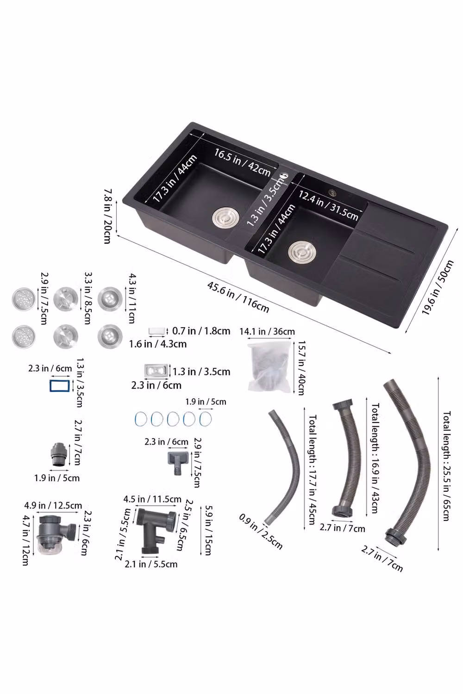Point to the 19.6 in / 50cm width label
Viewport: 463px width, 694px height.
tap(437, 287)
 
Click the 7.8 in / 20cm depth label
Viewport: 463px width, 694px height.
tap(107, 216)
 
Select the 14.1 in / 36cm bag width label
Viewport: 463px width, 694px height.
tap(267, 332)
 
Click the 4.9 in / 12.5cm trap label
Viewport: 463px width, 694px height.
tap(53, 505)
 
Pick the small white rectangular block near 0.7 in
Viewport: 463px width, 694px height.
tap(157, 331)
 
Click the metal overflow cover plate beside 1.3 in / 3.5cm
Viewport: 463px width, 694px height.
tap(156, 371)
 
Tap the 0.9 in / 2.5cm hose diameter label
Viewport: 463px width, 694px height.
tap(261, 531)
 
